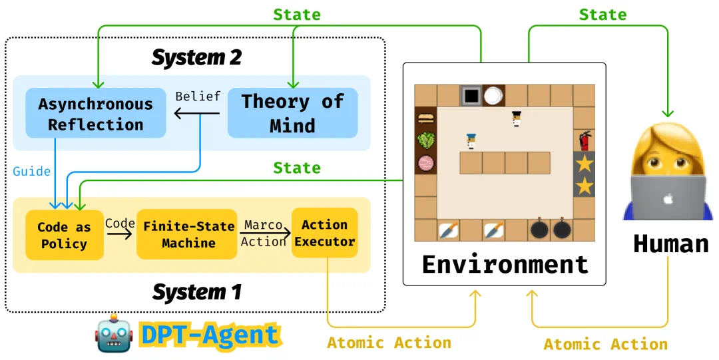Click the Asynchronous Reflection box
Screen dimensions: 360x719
95,114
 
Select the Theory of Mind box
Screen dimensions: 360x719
292,113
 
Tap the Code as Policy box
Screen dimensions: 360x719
65,235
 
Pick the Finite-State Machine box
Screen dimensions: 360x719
188,235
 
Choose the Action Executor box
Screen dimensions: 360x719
324,233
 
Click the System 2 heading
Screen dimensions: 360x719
196,58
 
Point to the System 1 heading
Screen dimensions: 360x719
196,291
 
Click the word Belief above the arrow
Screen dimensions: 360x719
198,96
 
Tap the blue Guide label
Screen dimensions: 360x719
31,172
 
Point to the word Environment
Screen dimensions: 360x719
505,265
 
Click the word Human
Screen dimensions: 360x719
670,244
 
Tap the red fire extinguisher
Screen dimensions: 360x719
585,141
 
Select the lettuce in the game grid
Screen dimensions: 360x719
425,141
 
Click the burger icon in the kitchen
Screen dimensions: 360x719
425,119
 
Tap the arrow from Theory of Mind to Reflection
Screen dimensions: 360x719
196,114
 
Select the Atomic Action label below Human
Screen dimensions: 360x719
605,344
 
